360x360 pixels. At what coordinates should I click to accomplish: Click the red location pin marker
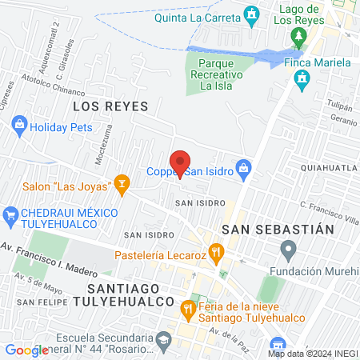180,162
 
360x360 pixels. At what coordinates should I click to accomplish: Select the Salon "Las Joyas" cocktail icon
122,185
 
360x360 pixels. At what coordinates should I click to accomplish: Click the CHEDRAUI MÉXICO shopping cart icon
10,214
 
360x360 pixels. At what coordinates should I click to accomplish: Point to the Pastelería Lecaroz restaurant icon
216,255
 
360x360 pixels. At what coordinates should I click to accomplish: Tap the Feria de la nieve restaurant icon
188,306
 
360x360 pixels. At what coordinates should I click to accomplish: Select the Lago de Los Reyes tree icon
299,37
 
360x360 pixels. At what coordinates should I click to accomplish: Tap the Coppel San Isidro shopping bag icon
246,170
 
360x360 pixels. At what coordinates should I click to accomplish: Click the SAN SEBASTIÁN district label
277,229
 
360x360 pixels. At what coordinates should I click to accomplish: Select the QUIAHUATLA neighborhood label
328,168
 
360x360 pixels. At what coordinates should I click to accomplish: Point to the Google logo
26,350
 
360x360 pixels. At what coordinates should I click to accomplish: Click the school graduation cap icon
162,340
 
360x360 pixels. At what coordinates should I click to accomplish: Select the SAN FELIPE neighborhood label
36,302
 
